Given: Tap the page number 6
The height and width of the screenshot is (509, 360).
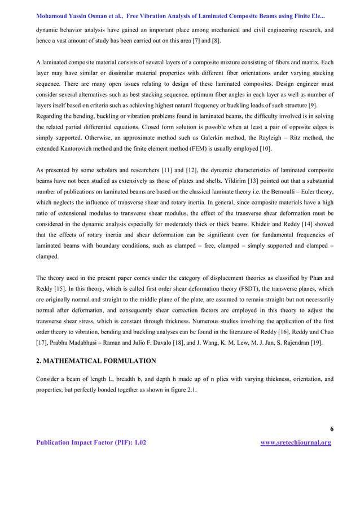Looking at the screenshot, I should point(331,429).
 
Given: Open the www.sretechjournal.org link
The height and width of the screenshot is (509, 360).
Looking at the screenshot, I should point(296,443).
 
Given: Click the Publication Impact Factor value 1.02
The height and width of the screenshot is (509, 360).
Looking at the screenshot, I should point(139,443).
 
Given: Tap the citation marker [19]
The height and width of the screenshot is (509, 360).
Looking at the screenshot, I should point(316,343).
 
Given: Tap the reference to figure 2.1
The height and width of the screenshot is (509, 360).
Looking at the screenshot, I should point(181,388).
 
